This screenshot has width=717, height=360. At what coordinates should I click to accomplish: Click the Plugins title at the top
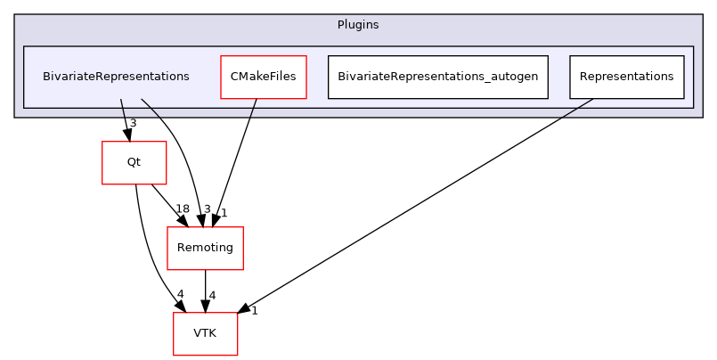358,25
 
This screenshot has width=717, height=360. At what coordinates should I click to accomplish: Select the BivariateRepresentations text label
116,77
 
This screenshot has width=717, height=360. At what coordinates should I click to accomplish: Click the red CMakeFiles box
263,77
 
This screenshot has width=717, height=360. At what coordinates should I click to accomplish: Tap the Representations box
626,77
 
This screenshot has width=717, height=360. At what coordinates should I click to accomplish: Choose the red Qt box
134,162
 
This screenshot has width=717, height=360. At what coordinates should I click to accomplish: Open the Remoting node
205,248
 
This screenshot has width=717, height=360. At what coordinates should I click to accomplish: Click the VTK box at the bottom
205,333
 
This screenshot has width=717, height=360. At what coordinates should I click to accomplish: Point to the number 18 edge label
182,209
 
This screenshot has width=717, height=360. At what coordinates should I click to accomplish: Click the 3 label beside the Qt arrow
133,124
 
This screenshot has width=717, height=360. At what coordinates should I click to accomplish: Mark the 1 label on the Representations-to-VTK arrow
254,311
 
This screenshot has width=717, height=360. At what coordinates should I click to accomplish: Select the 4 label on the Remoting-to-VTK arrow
212,295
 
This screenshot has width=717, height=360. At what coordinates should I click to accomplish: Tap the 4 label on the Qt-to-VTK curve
180,295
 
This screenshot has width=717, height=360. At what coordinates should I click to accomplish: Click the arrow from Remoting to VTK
205,290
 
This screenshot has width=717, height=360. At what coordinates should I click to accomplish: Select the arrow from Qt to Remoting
168,204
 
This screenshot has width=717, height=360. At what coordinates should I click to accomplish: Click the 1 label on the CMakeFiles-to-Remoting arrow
224,213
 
